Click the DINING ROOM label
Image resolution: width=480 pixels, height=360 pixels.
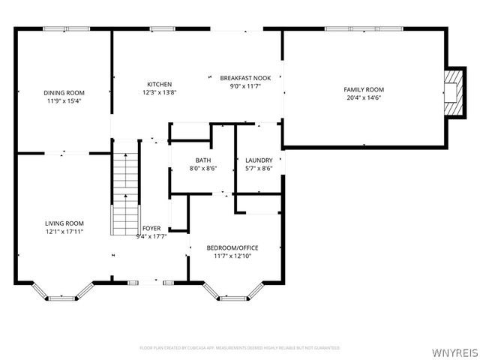[64, 92]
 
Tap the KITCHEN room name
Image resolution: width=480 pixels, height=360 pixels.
[160, 84]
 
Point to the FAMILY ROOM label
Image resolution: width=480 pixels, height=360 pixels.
[364, 89]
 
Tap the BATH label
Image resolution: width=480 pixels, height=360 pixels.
[203, 160]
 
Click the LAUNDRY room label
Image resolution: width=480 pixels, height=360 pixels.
[259, 160]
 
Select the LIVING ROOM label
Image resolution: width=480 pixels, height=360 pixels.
[64, 223]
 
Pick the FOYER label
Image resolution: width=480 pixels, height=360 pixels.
[151, 229]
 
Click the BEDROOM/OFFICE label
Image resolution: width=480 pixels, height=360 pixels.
[233, 247]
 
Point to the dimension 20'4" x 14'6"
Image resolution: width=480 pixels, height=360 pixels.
[364, 97]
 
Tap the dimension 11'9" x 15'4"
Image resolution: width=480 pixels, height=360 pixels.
[64, 100]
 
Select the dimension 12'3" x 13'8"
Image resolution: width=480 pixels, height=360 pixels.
[160, 92]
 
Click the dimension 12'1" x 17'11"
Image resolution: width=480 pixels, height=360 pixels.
[64, 231]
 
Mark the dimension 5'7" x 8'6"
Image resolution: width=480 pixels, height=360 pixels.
[259, 168]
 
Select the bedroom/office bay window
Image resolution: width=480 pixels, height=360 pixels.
[233, 293]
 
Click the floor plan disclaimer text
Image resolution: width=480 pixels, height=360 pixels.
[240, 348]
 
